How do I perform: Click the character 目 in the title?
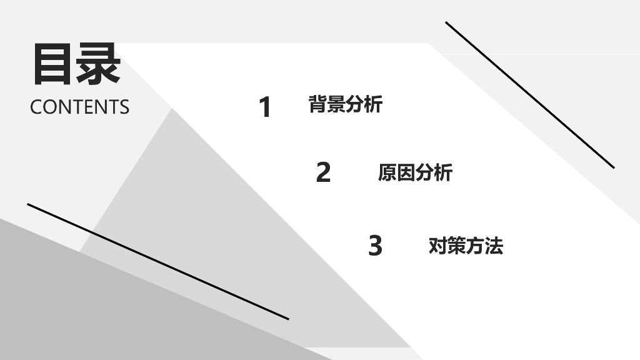(52, 64)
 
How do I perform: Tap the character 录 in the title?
(98, 64)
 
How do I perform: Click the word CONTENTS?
(79, 107)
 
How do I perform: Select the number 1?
(266, 107)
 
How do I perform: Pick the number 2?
(323, 172)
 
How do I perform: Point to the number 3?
(375, 246)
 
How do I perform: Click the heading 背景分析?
(345, 104)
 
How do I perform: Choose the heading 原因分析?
(414, 172)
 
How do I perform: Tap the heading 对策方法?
(466, 246)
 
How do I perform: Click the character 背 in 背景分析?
(318, 104)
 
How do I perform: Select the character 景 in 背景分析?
(336, 104)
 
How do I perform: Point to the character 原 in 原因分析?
(387, 172)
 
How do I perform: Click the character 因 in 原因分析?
(406, 172)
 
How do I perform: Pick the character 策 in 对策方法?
(456, 246)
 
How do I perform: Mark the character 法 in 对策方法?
(494, 246)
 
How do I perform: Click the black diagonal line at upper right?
(530, 95)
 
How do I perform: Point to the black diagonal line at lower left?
(157, 261)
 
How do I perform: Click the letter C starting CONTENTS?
(36, 107)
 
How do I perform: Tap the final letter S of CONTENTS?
(124, 107)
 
